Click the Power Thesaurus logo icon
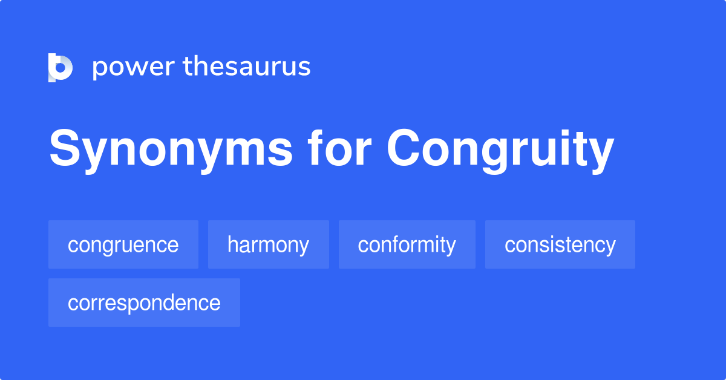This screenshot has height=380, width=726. click(60, 67)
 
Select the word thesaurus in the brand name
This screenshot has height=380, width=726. click(247, 67)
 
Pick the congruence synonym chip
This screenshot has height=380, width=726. click(123, 244)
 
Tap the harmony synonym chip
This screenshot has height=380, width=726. click(268, 244)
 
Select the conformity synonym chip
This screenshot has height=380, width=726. click(407, 244)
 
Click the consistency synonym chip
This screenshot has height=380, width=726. click(560, 244)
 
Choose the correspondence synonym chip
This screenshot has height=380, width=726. click(144, 303)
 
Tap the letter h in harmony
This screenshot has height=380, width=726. click(232, 244)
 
